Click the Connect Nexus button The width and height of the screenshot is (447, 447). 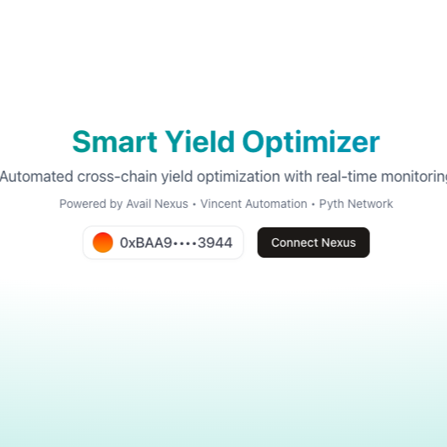(313, 243)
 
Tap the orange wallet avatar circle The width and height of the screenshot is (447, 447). (103, 243)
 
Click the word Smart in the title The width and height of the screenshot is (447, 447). (115, 142)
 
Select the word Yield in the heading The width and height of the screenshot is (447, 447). (199, 142)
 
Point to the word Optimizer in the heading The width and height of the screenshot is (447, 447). (311, 143)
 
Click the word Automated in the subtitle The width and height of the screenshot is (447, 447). (36, 177)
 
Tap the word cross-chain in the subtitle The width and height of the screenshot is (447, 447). (117, 177)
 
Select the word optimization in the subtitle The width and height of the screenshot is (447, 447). (238, 177)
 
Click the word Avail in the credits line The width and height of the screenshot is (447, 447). (139, 204)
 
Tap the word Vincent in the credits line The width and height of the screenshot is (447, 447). (221, 204)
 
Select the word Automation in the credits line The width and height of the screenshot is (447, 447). (276, 204)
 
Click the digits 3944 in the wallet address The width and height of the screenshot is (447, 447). (215, 243)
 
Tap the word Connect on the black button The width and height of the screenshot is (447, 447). (294, 243)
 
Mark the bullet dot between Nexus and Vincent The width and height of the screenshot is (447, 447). (194, 204)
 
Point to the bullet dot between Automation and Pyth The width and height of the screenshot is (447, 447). (313, 204)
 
